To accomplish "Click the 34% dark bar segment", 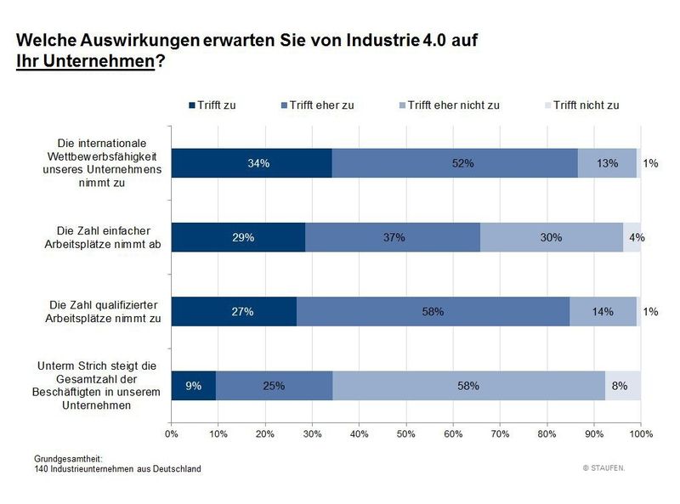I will tap(252, 162).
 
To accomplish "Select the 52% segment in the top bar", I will tap(455, 162).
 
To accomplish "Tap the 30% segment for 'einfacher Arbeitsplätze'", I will tap(552, 237).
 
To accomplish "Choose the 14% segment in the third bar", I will tap(603, 312).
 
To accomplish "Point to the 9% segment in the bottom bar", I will tap(193, 386).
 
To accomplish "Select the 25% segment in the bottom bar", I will tap(274, 386).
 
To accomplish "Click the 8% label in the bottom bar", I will tap(620, 386).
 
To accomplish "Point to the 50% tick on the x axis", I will tap(406, 434).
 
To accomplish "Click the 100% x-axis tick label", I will tap(640, 434).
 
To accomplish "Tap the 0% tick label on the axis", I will tap(172, 434).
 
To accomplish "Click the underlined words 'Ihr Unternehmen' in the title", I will tap(85, 62).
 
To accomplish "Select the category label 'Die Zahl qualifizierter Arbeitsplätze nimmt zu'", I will tap(96, 312).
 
